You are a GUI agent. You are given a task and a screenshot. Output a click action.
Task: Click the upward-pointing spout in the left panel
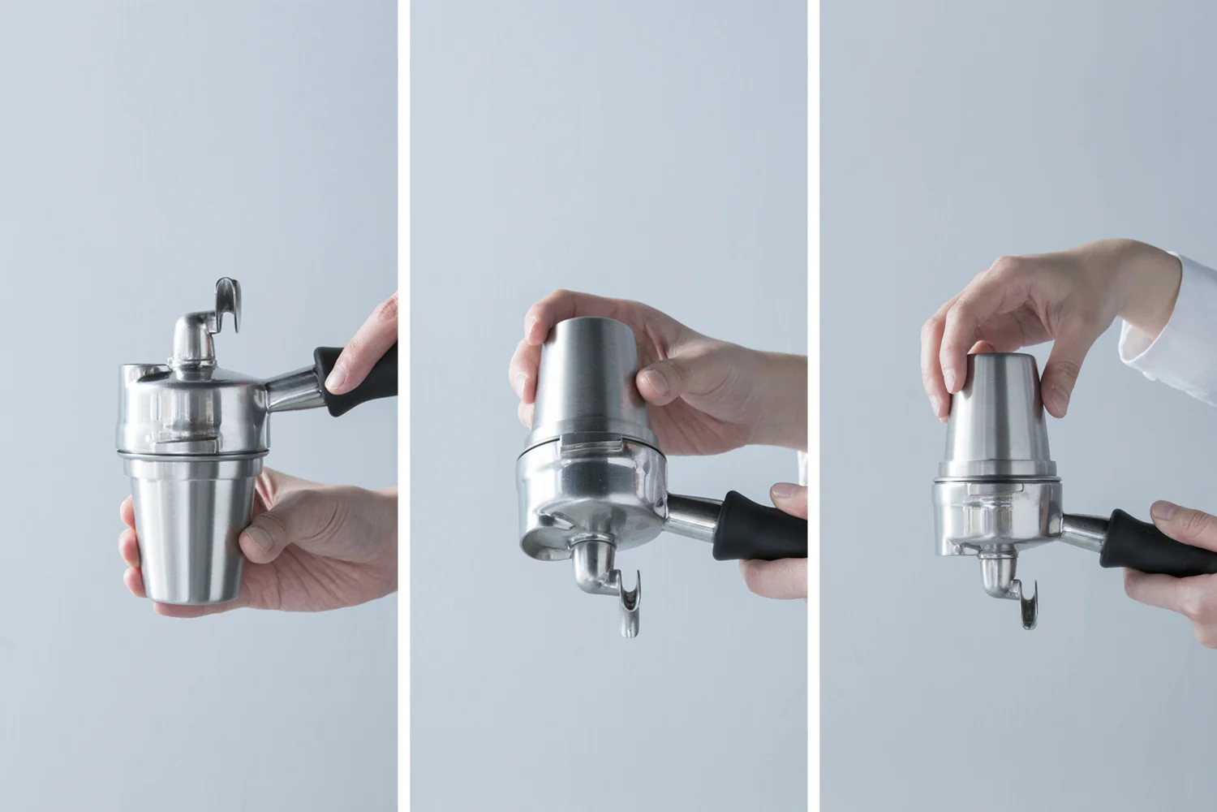tap(228, 304)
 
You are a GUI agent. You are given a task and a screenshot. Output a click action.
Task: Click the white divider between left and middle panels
tap(403, 406)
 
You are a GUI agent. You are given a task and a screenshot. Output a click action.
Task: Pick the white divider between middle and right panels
tap(813, 406)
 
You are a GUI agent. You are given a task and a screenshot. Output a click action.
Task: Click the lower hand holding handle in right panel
tap(1180, 585)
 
